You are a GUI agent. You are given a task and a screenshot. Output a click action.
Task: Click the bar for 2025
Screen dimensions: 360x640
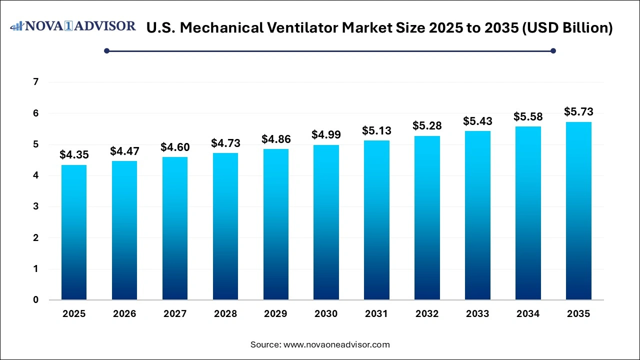tap(74, 232)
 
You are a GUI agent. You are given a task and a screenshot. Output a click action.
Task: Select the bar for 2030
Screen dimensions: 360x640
tap(326, 222)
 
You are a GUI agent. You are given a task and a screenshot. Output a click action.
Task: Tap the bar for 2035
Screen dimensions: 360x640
tap(578, 211)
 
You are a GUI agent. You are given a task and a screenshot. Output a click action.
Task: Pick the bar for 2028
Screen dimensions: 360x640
tap(225, 226)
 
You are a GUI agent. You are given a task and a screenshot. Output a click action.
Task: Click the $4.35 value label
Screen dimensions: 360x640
tap(74, 155)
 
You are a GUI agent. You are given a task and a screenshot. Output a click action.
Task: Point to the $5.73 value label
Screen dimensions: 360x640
tap(578, 111)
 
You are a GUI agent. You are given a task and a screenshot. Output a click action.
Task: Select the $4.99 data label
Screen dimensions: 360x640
tap(326, 134)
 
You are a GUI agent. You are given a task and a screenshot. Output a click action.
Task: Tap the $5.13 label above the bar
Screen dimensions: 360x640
tap(376, 130)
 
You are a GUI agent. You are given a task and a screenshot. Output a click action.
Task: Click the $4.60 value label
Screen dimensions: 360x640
tap(174, 147)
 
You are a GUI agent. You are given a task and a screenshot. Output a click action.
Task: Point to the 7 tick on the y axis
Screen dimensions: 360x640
tap(35, 82)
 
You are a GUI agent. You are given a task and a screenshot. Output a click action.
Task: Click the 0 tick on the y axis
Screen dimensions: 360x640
tap(35, 300)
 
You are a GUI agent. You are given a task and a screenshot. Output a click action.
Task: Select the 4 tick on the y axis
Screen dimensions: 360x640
tap(35, 175)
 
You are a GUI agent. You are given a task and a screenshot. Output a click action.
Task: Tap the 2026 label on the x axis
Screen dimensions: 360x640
tap(124, 314)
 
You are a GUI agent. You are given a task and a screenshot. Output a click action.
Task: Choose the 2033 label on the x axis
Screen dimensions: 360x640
tap(477, 314)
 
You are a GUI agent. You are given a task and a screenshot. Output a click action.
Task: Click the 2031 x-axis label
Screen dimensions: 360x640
tap(376, 314)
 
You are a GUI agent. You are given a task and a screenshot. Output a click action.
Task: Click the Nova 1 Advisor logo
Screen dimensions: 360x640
tap(73, 26)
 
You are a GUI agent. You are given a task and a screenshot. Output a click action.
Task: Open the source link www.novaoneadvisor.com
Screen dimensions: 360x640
tap(336, 344)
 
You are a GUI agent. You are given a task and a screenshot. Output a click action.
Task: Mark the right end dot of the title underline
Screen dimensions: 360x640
tap(553, 50)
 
